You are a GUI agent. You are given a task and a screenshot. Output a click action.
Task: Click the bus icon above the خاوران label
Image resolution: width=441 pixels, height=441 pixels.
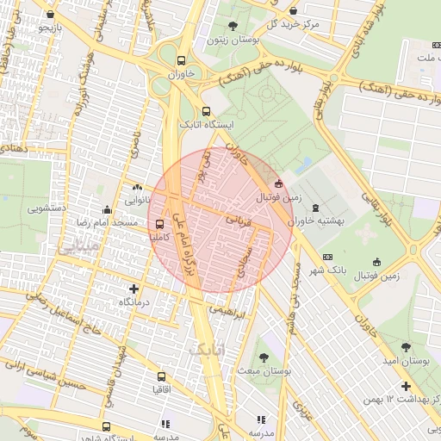click(181, 61)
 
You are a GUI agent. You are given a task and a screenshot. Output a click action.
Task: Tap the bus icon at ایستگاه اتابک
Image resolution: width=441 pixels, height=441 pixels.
click(205, 111)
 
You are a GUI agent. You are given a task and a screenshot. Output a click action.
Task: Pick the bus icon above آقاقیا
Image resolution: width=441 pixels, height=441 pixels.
click(161, 376)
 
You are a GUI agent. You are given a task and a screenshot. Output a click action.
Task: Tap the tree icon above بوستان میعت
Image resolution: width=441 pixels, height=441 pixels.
click(262, 356)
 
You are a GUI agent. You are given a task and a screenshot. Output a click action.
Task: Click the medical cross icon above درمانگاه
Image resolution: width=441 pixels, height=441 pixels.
click(134, 289)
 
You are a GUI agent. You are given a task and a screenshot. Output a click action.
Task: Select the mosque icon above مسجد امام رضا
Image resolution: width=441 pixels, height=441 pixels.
click(106, 209)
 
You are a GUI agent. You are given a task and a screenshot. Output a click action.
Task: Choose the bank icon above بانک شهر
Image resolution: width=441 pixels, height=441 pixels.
click(327, 257)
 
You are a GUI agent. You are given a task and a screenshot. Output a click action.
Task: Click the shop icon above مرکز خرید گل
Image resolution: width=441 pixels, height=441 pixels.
click(295, 11)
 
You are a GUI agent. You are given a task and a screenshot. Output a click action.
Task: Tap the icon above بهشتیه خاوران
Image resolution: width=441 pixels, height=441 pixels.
click(315, 208)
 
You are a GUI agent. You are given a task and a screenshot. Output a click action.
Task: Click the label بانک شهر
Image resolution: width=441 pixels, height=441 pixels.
click(327, 270)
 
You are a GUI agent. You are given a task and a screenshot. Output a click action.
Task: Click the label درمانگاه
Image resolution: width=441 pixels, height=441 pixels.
click(135, 302)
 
